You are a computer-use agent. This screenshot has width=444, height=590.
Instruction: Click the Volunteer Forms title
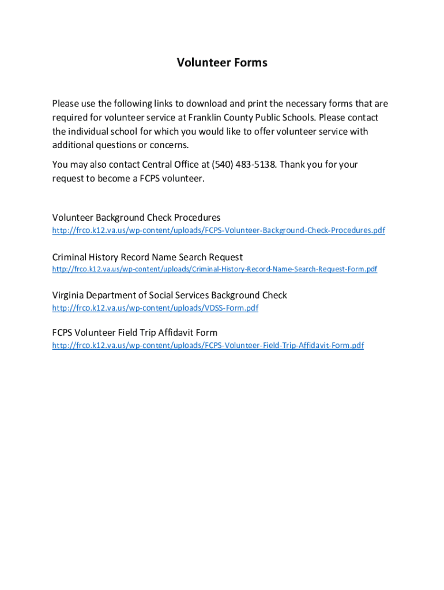click(222, 63)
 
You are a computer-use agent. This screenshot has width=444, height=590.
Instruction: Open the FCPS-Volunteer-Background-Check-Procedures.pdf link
click(219, 230)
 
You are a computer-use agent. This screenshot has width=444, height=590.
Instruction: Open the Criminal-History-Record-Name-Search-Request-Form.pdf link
click(215, 269)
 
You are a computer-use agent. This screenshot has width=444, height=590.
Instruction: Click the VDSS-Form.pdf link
click(155, 308)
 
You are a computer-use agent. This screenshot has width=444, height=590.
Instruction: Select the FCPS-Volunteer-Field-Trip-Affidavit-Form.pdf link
click(208, 346)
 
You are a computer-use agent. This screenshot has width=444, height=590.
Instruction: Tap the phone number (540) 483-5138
click(244, 165)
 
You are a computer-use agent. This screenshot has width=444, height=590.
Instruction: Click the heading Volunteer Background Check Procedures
click(136, 218)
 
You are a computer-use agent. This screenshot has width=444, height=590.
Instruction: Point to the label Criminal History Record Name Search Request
click(147, 257)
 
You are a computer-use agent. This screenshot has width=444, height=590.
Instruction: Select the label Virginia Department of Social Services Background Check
click(170, 295)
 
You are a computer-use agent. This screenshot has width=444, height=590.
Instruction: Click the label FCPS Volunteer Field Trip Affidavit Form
click(135, 332)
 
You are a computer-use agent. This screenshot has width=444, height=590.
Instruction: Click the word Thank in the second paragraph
click(293, 165)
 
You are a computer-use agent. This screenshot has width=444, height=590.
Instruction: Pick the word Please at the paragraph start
click(66, 104)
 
